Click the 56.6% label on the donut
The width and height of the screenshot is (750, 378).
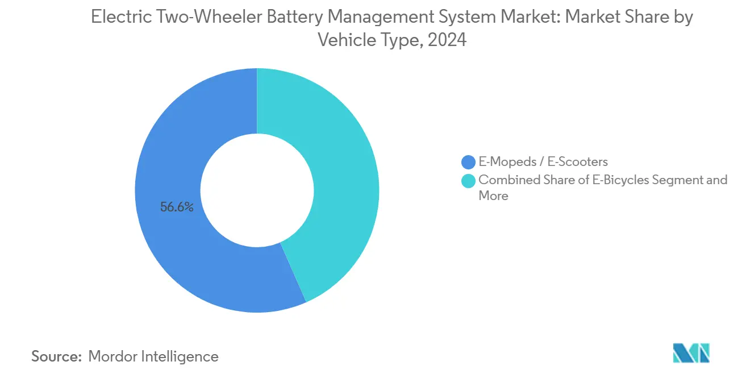[x=177, y=207]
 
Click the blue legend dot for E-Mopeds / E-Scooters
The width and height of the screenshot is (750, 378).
[x=469, y=162]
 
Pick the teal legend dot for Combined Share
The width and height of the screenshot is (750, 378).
[x=469, y=181]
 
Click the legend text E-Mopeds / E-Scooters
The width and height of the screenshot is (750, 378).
[x=543, y=162]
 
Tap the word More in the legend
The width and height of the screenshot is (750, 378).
[x=493, y=196]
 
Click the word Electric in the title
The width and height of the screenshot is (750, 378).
[x=122, y=18]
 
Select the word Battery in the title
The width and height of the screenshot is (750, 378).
[x=304, y=18]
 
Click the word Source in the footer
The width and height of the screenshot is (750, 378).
[x=56, y=356]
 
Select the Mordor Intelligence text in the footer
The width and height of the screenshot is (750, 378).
[x=153, y=356]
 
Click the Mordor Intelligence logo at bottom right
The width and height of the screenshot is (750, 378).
[x=691, y=353]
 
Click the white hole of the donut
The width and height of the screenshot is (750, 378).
[x=257, y=190]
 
